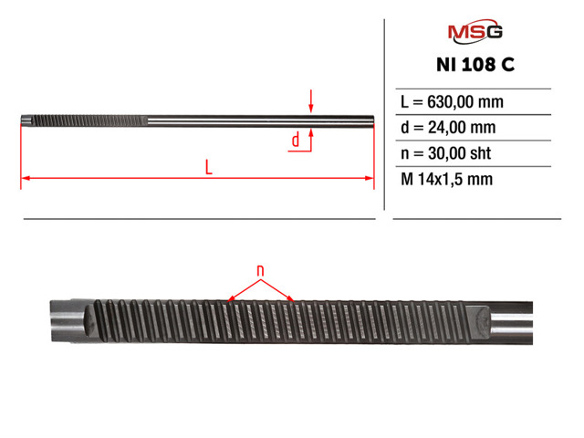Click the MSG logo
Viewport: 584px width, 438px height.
474,31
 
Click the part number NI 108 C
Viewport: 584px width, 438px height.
475,65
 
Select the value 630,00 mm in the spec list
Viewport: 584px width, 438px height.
465,101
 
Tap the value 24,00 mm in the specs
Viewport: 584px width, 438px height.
462,128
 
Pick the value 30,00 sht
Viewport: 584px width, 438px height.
459,153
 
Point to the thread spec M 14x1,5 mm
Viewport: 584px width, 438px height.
446,179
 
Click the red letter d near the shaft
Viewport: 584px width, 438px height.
296,140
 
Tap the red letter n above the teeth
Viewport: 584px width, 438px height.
260,270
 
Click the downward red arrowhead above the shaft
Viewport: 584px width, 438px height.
311,108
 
